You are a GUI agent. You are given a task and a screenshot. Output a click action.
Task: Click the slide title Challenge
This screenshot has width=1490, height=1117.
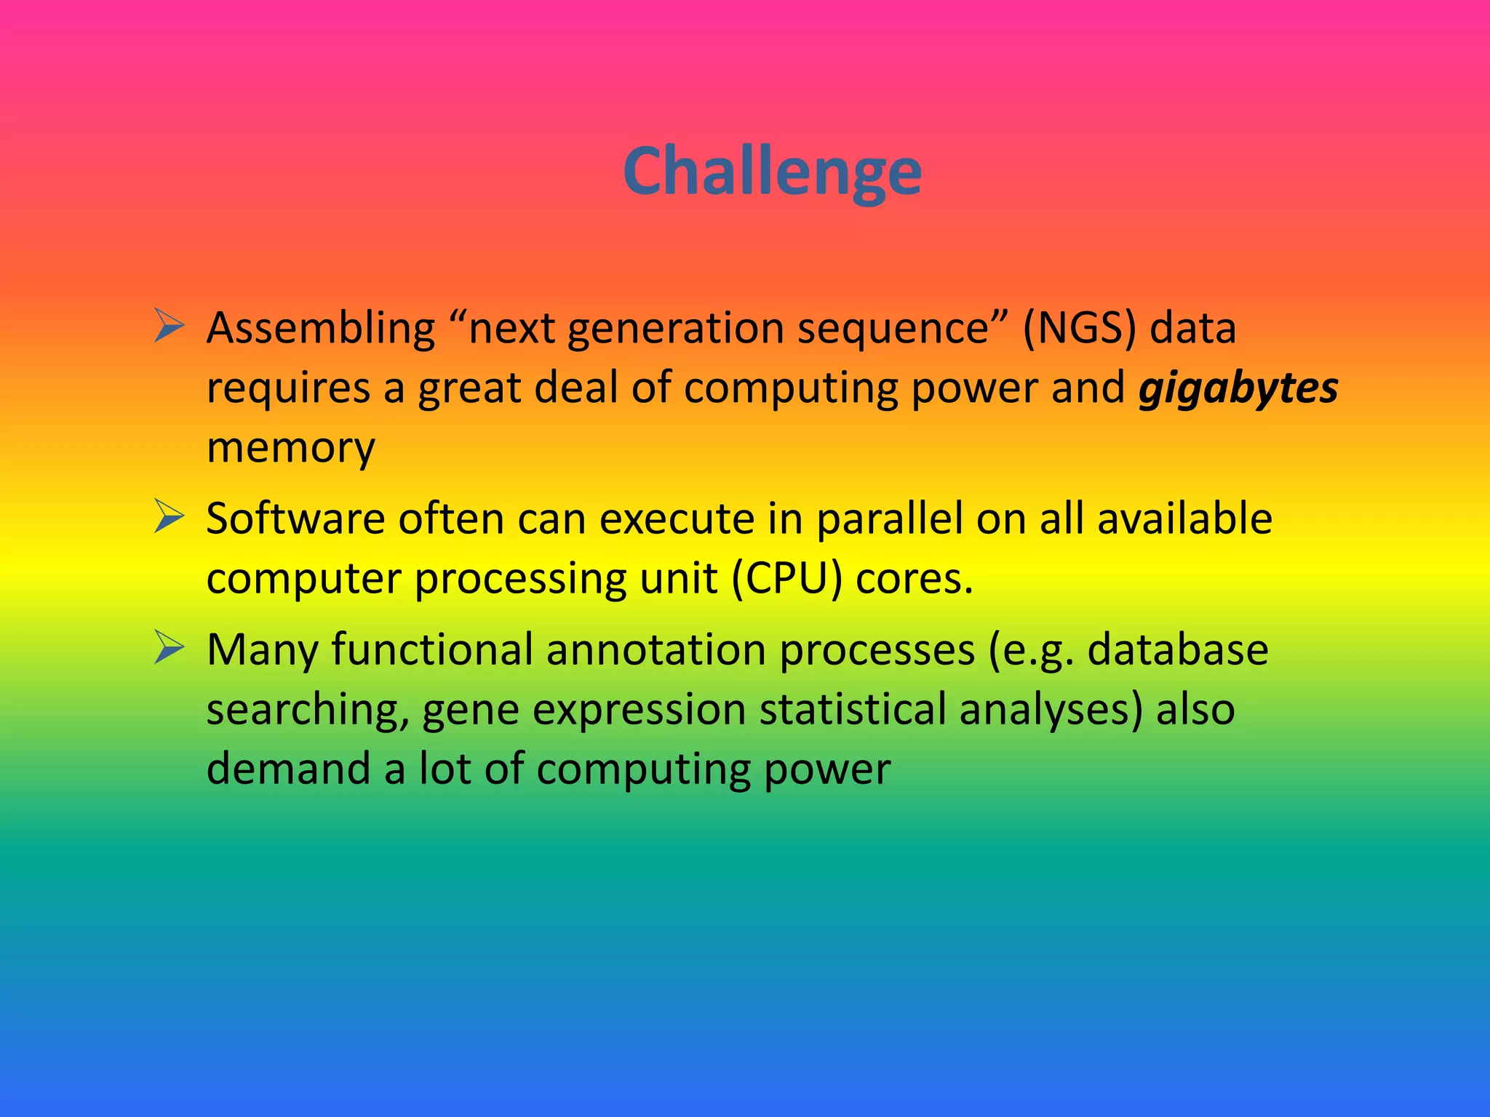pos(772,172)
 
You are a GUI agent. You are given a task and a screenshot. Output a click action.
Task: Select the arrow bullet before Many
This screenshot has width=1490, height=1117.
pos(169,647)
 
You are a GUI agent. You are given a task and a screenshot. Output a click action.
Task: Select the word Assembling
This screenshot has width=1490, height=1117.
pos(321,329)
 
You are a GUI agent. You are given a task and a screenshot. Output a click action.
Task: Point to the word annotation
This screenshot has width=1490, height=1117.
pos(656,649)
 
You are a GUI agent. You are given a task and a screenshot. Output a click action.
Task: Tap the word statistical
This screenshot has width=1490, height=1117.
pos(852,710)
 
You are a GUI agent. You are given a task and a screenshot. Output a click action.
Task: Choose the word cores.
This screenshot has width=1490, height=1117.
pos(914,580)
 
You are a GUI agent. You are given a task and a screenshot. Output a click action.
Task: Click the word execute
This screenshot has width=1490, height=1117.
pos(670,519)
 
